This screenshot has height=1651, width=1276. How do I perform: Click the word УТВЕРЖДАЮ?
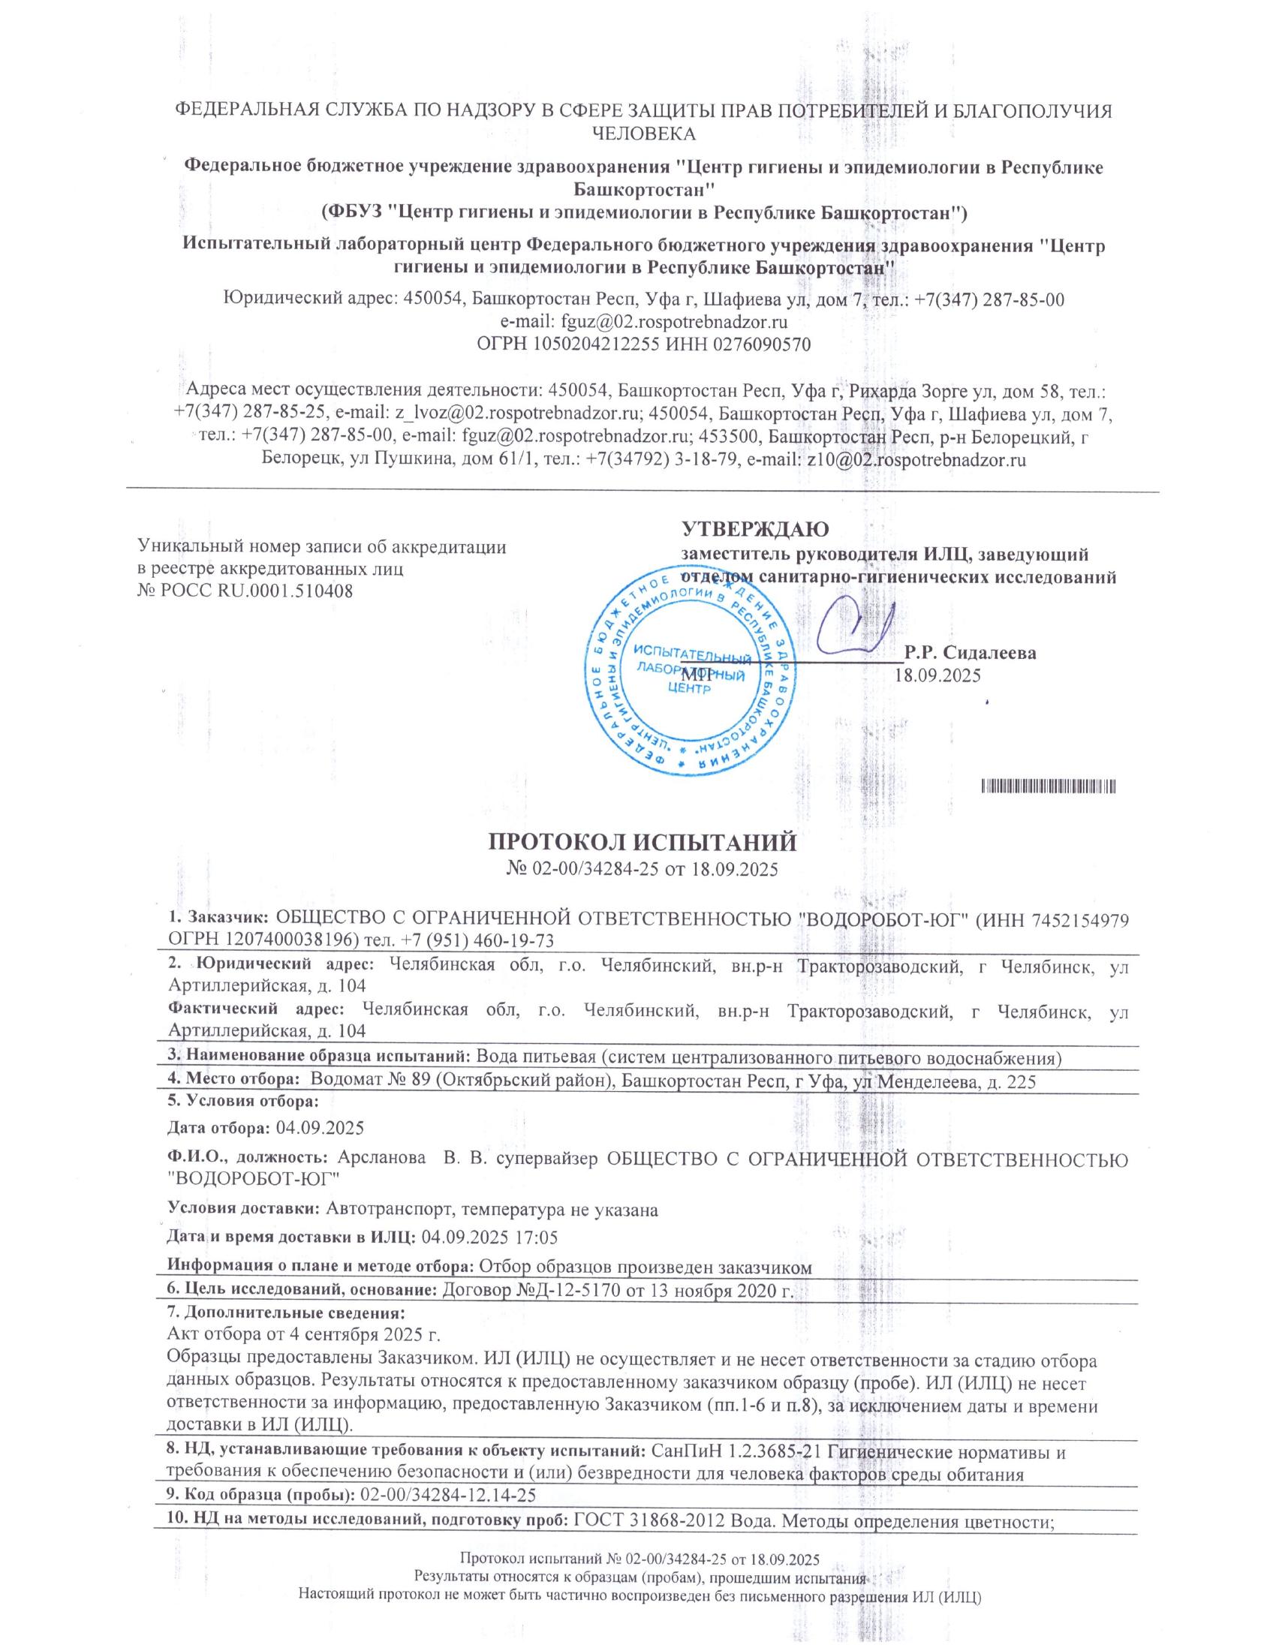755,528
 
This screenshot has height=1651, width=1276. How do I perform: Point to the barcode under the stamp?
1049,787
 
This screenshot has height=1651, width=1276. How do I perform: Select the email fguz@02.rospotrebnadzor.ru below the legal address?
671,322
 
